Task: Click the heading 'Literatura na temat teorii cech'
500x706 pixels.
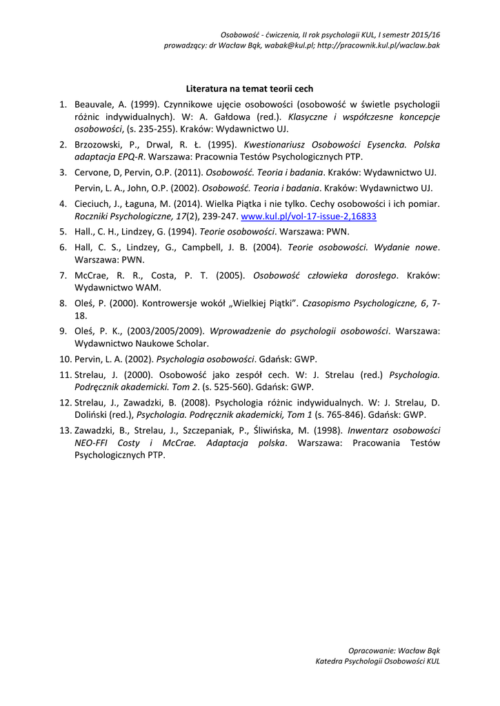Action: point(250,89)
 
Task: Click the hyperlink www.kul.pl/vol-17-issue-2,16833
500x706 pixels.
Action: point(308,216)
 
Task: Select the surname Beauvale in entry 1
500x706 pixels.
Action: point(94,105)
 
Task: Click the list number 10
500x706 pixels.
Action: point(65,359)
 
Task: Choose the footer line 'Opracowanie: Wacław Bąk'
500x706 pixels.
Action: point(394,650)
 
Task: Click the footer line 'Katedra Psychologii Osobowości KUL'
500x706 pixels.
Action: point(377,661)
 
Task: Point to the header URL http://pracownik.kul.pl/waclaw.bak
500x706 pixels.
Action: point(379,45)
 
